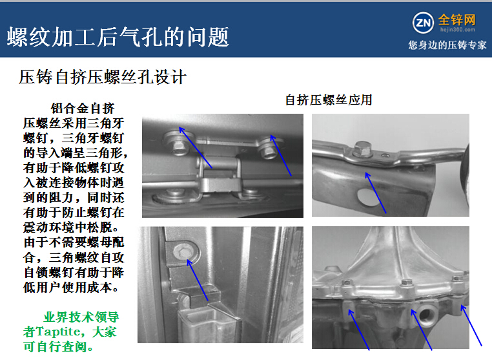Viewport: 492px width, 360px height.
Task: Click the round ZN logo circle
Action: click(x=423, y=23)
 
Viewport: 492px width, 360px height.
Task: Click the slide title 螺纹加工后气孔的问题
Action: click(x=118, y=37)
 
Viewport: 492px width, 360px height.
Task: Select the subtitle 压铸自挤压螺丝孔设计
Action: click(x=103, y=77)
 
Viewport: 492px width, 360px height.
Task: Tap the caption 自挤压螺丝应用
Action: click(x=329, y=100)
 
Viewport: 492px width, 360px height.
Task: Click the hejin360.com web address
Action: click(x=458, y=30)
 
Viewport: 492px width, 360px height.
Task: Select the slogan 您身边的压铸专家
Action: click(x=447, y=45)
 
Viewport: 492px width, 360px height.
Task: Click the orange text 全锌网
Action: click(x=456, y=20)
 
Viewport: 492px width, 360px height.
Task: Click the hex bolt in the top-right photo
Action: click(x=362, y=149)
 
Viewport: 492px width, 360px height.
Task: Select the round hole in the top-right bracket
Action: click(x=369, y=196)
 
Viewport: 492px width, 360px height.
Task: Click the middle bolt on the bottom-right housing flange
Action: click(x=407, y=282)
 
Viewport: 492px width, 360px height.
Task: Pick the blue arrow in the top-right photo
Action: click(x=376, y=193)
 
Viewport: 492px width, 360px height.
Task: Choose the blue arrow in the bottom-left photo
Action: click(x=198, y=280)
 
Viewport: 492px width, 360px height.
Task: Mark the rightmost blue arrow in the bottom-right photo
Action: click(x=471, y=326)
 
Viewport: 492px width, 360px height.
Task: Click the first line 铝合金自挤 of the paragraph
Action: click(x=83, y=109)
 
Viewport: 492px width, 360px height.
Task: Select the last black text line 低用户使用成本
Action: click(x=71, y=288)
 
